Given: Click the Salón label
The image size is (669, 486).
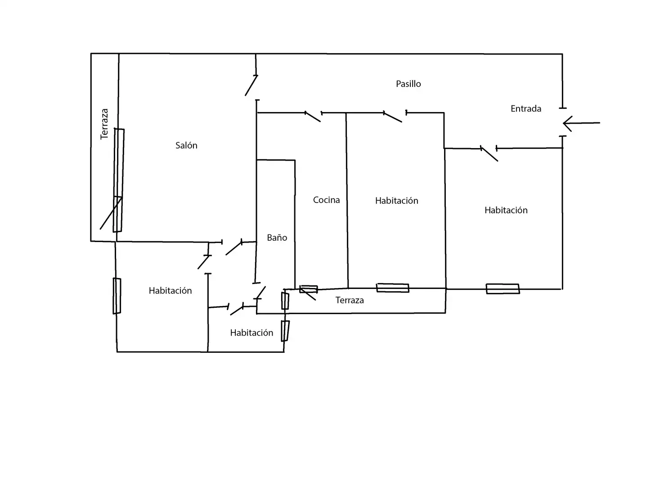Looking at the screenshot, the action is (186, 145).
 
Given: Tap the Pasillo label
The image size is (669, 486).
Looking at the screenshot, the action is (408, 84).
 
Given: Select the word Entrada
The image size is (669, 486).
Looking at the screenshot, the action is (525, 108).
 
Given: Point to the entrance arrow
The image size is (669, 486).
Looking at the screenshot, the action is (581, 123).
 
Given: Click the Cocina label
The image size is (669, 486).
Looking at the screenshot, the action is (326, 200).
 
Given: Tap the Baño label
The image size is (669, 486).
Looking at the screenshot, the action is (277, 238).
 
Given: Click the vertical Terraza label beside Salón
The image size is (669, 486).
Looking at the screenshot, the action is (104, 124).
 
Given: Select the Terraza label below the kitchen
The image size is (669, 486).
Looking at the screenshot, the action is (350, 300).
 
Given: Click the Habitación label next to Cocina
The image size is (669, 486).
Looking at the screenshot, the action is (397, 200).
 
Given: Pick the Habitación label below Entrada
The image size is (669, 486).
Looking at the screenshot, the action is (506, 210).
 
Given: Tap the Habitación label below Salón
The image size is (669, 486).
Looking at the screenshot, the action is (170, 290).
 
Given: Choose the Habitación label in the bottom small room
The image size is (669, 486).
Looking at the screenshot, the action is (251, 333).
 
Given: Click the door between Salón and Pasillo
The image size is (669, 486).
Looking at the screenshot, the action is (251, 85).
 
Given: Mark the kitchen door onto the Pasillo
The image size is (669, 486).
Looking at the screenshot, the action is (313, 117).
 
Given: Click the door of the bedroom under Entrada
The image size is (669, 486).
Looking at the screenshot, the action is (489, 153).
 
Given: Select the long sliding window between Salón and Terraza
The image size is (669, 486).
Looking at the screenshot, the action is (119, 180).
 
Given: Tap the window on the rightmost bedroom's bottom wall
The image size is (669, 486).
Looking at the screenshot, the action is (503, 289).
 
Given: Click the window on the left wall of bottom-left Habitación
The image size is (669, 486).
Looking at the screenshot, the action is (117, 296).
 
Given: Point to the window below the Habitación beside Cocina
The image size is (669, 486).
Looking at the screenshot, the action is (392, 288).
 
